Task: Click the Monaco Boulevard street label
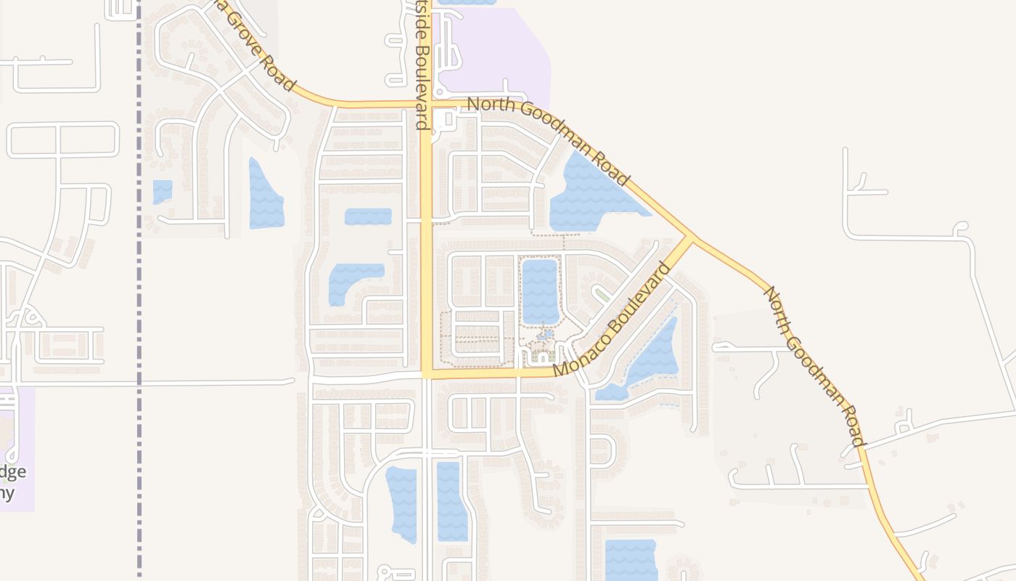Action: [612, 320]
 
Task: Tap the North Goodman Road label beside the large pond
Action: [548, 141]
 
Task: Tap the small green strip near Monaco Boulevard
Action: [601, 295]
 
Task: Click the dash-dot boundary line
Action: [139, 290]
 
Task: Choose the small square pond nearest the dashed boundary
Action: [163, 192]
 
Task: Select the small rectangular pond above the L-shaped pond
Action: [368, 216]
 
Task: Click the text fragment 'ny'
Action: [7, 493]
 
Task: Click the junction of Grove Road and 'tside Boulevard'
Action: [427, 105]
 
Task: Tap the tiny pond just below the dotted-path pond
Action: [546, 335]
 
